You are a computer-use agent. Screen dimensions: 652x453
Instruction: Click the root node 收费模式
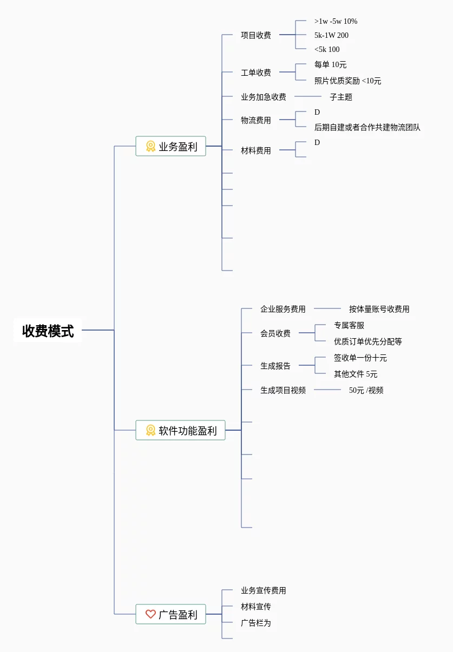pos(48,331)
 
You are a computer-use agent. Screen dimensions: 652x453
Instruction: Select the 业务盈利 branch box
pos(171,146)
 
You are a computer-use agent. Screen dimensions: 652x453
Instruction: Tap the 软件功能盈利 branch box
pos(180,431)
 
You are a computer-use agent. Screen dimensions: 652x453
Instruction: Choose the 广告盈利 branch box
pos(171,615)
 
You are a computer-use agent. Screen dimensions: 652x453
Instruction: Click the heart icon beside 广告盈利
pos(150,615)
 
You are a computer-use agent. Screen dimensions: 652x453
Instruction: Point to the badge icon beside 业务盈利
pos(150,146)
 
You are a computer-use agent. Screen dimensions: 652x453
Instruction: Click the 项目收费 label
pos(256,35)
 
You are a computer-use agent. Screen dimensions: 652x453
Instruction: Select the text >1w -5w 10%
pos(336,21)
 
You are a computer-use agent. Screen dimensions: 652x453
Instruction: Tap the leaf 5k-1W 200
pos(331,35)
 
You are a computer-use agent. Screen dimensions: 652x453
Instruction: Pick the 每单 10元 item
pos(330,64)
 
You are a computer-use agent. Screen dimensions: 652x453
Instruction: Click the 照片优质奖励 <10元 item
pos(347,81)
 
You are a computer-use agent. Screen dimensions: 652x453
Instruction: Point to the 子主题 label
pos(341,97)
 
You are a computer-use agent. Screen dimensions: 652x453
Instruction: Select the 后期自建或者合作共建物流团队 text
pos(367,127)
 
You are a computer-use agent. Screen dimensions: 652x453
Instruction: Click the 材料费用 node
pos(256,150)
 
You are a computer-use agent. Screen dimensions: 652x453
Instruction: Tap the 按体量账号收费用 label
pos(379,309)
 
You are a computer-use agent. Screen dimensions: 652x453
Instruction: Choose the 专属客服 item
pos(349,325)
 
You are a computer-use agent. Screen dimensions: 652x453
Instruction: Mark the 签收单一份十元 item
pos(360,358)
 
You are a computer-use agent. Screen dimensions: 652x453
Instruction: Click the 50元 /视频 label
pos(366,390)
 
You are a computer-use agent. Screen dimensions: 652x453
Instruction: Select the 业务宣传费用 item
pos(264,590)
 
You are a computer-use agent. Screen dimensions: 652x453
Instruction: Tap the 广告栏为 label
pos(256,623)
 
